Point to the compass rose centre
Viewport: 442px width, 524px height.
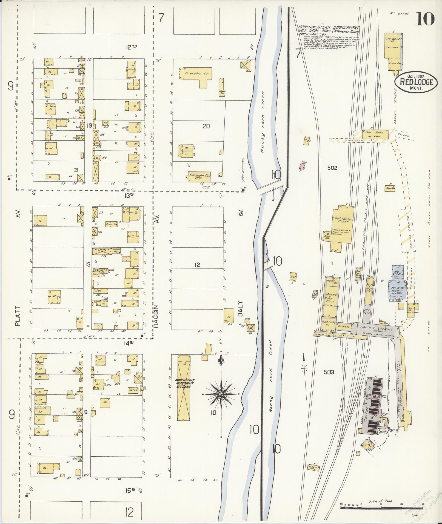click(221, 394)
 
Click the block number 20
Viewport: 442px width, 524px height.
click(206, 126)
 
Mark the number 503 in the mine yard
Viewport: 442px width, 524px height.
click(329, 372)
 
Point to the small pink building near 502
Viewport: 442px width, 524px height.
click(302, 166)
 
